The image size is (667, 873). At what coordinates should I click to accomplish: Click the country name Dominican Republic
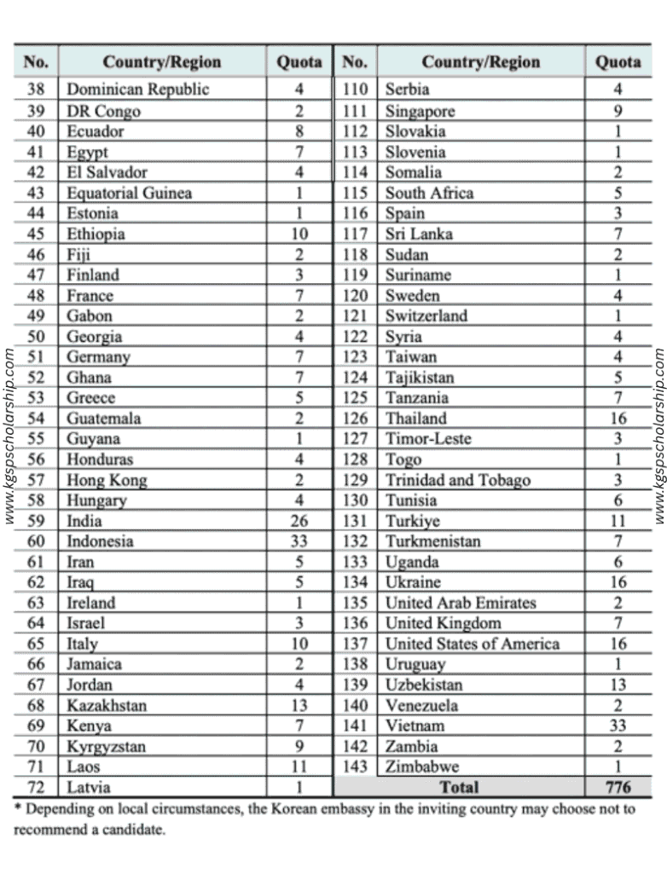click(137, 90)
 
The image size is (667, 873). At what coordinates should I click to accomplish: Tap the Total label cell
click(459, 787)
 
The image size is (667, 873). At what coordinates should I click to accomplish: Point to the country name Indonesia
click(100, 541)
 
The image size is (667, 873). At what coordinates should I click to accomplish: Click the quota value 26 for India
click(299, 521)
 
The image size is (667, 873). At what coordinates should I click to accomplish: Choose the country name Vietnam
click(415, 726)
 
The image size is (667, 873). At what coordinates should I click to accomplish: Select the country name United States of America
click(473, 644)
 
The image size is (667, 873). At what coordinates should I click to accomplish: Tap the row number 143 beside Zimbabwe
click(355, 766)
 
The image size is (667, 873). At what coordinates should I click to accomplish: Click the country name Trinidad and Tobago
click(457, 480)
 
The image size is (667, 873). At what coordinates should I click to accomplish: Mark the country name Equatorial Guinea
click(129, 193)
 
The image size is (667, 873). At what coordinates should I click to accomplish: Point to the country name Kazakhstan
click(107, 705)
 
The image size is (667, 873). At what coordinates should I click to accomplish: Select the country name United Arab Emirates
click(461, 603)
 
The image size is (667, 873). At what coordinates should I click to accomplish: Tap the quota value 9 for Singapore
click(618, 111)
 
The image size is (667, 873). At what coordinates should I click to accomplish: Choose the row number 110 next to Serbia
click(355, 90)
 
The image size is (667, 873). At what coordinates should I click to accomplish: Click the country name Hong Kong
click(107, 480)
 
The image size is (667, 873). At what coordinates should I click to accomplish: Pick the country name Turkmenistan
click(432, 541)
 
